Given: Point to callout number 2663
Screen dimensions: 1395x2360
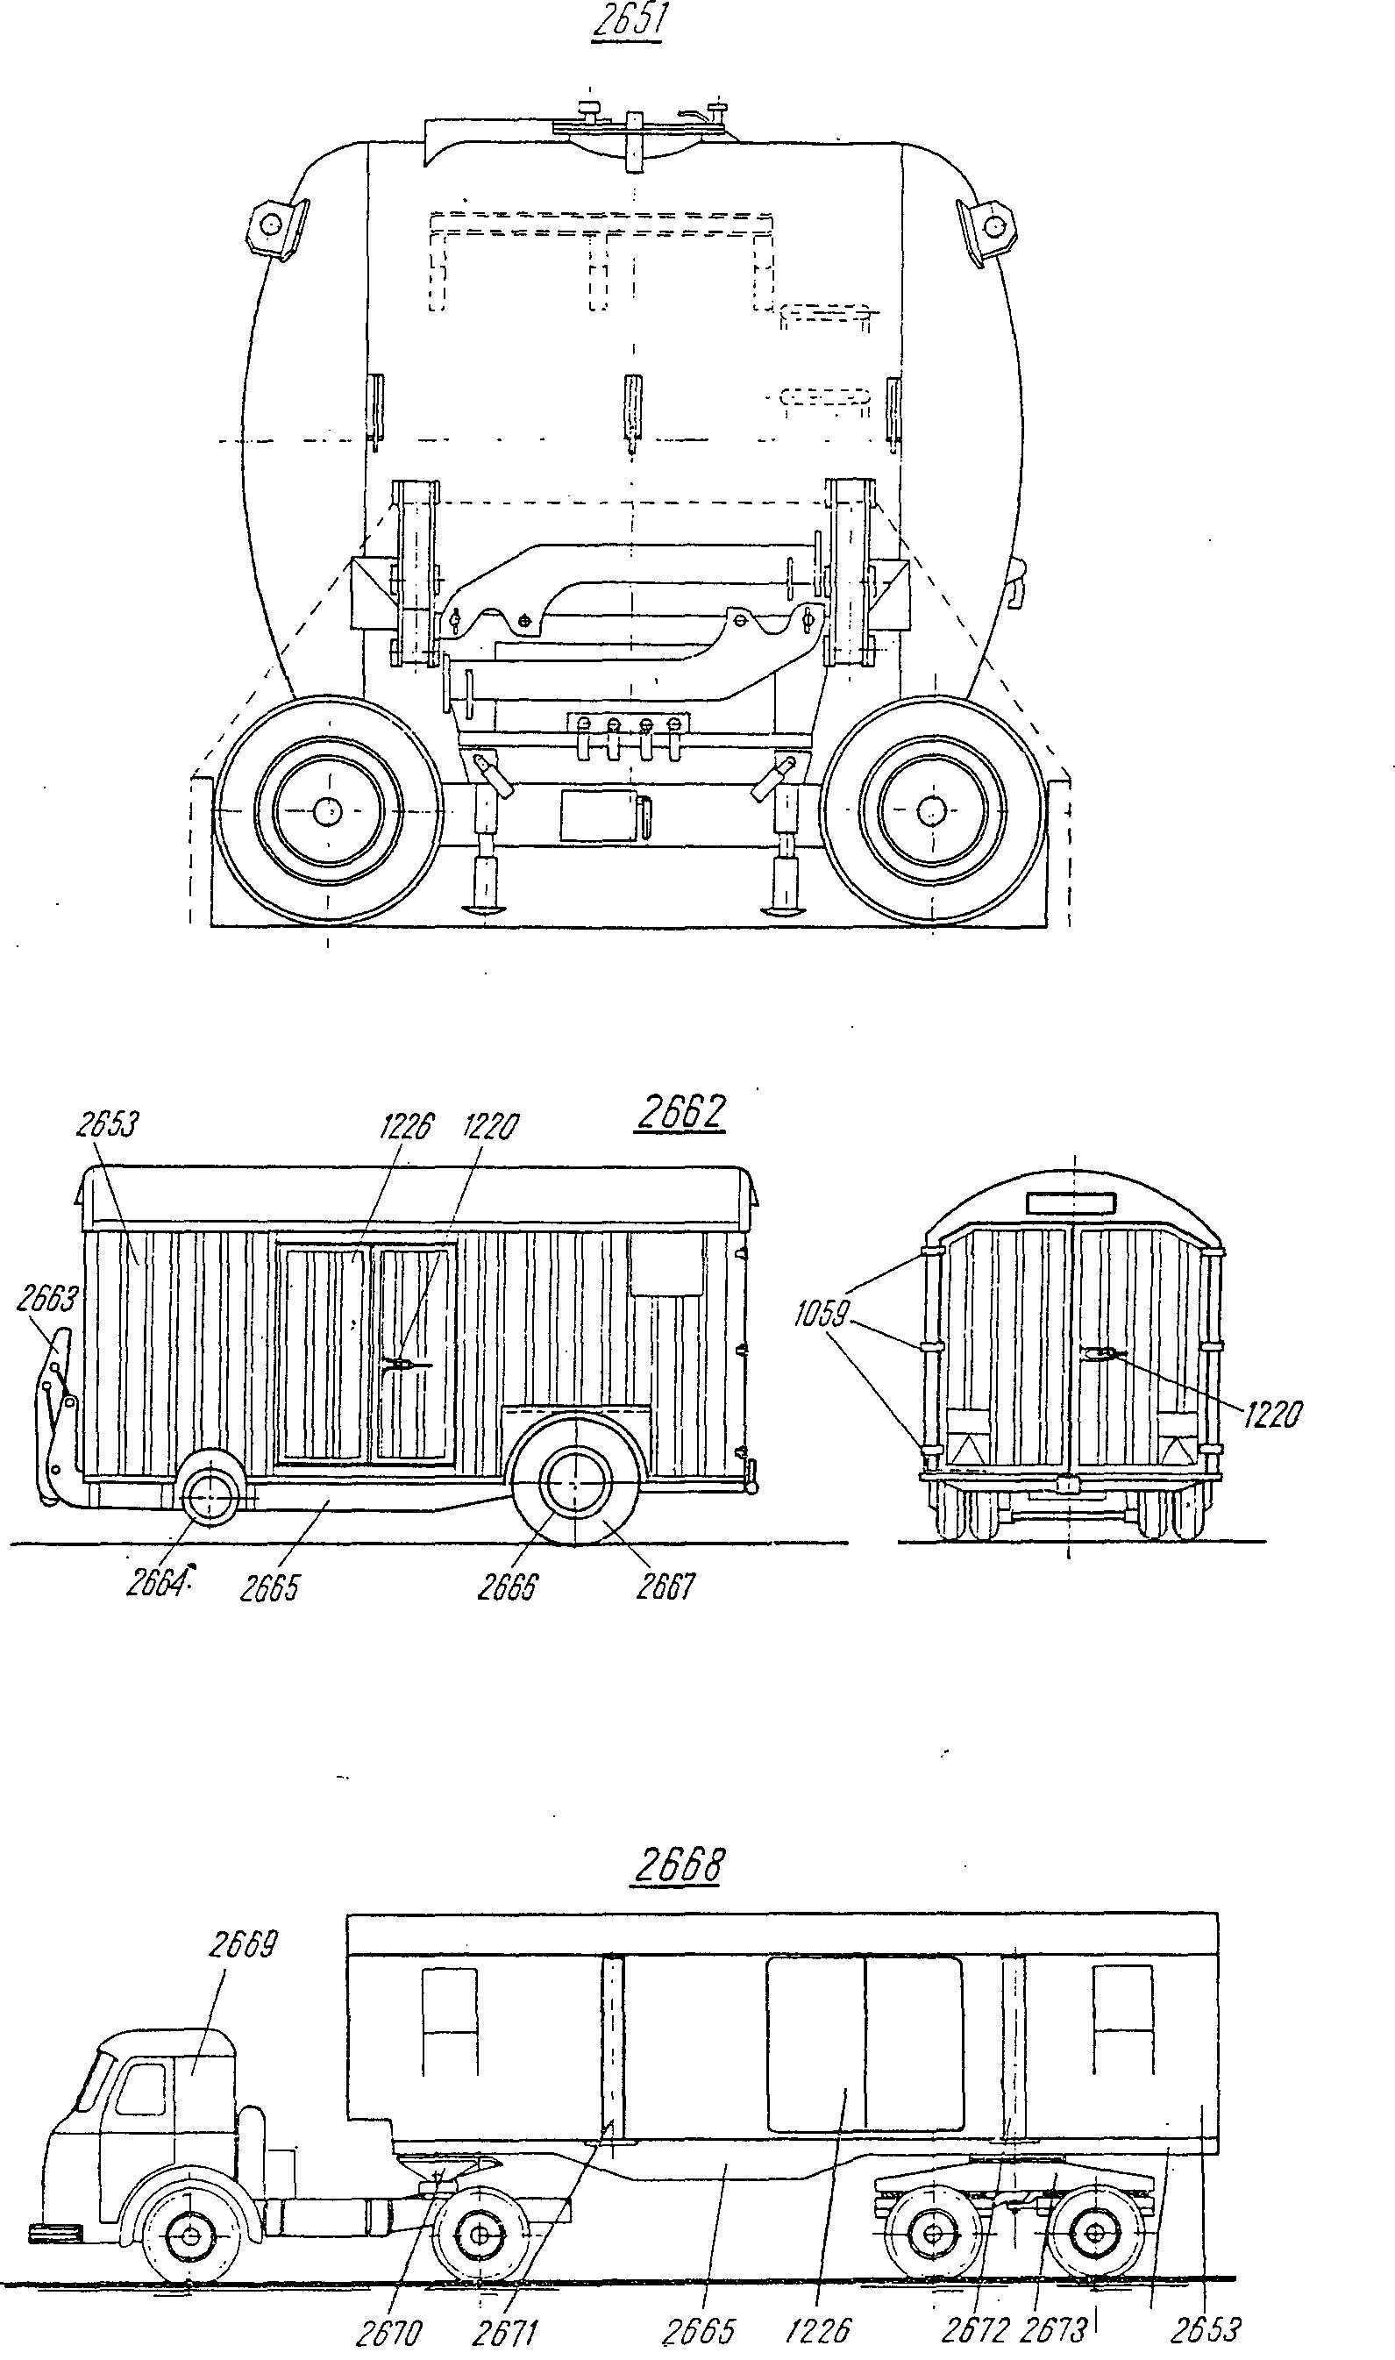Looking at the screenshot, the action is pyautogui.click(x=47, y=1299).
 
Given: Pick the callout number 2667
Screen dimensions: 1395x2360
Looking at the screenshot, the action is pyautogui.click(x=665, y=1587).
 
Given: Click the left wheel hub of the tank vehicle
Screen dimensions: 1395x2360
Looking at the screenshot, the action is pyautogui.click(x=327, y=810).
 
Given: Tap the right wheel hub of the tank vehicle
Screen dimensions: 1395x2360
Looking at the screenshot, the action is pyautogui.click(x=931, y=810).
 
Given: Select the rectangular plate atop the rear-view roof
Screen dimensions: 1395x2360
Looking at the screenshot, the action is pyautogui.click(x=1071, y=1202).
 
